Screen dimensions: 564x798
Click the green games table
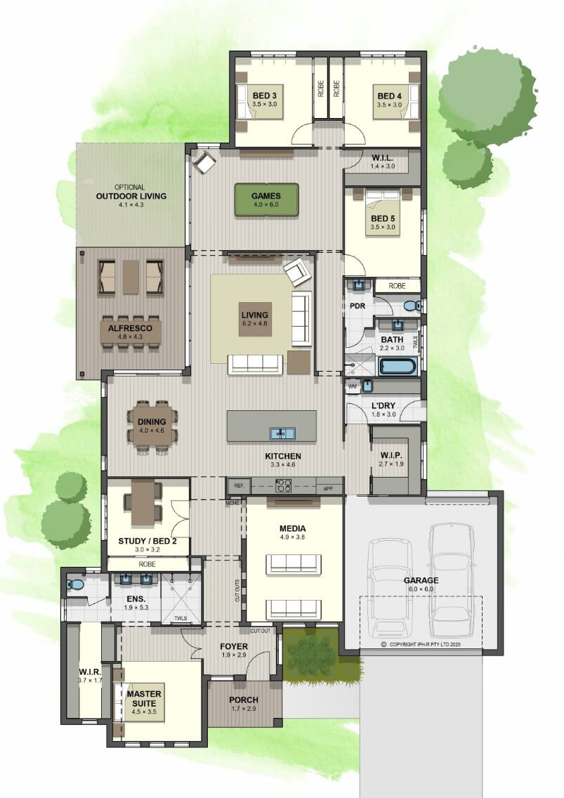(x=266, y=200)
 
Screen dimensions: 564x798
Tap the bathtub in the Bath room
(x=398, y=367)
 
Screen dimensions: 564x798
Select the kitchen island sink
(x=282, y=433)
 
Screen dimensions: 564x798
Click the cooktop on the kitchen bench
(x=284, y=485)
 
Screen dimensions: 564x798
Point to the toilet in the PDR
(x=412, y=306)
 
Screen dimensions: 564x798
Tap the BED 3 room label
(x=264, y=96)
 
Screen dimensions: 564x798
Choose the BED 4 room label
(x=389, y=96)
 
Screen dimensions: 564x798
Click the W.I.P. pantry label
(x=391, y=455)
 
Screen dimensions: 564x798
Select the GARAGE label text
(x=421, y=580)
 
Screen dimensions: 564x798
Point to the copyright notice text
(x=421, y=643)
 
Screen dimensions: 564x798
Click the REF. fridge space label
(x=240, y=486)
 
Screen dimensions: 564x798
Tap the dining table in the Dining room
(x=152, y=426)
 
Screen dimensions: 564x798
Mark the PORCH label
(x=243, y=700)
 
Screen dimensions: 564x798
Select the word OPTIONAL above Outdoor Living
(x=129, y=188)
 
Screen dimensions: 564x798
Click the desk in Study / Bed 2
(x=143, y=503)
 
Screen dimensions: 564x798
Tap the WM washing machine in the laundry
(x=353, y=387)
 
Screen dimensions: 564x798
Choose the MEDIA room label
(x=292, y=528)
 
